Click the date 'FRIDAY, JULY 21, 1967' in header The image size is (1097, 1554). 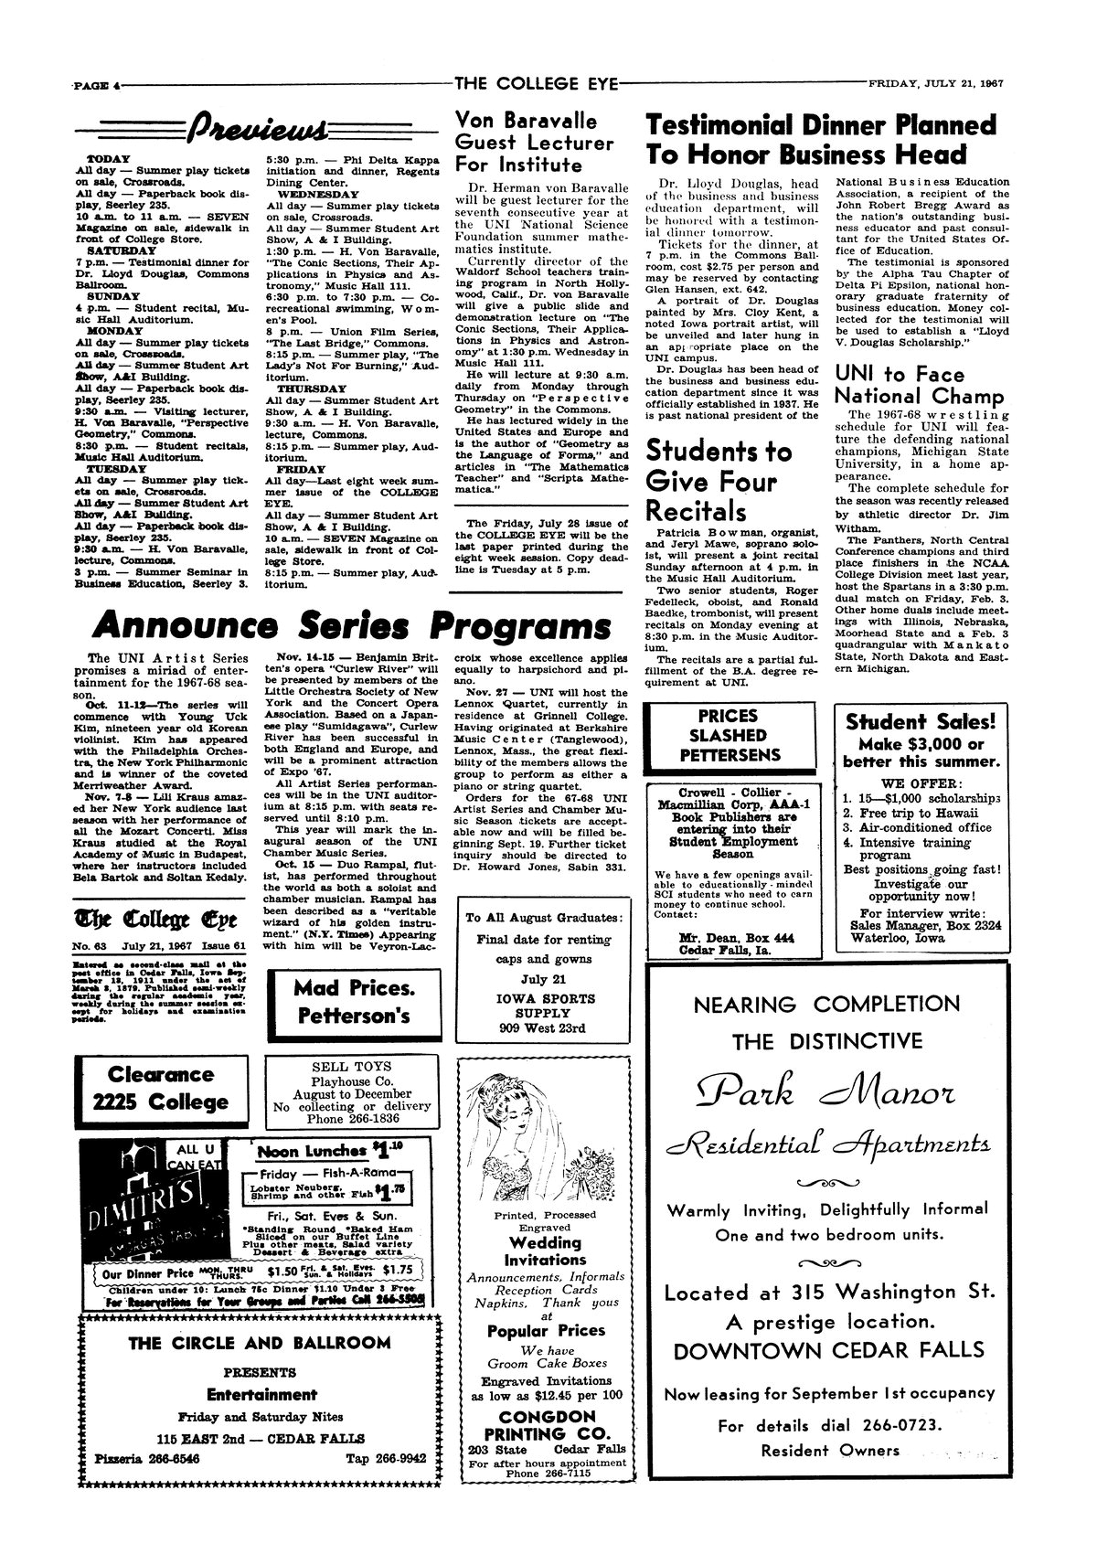pos(935,83)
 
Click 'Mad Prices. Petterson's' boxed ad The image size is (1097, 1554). pos(354,1002)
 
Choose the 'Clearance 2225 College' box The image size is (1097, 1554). pos(160,1088)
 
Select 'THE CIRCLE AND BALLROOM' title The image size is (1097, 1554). pos(260,1343)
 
